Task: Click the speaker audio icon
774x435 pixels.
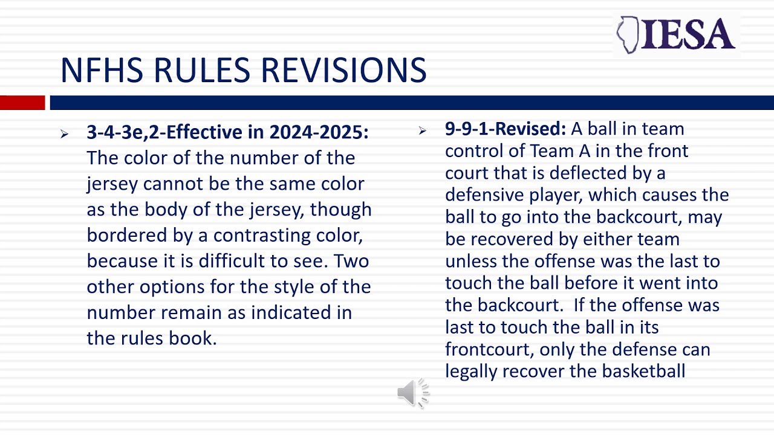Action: point(413,393)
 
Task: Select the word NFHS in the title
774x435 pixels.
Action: point(102,70)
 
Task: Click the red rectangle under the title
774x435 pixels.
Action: point(22,103)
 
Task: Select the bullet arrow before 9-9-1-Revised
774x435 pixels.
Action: point(423,130)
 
